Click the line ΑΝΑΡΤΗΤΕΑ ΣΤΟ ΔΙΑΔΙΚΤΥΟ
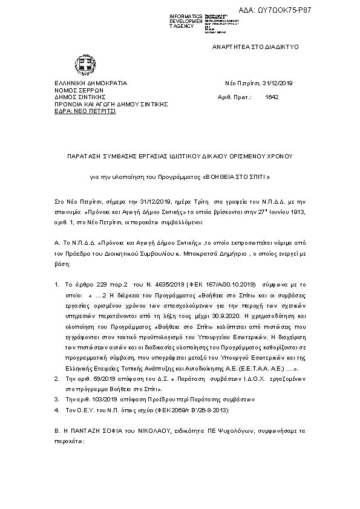coord(255,47)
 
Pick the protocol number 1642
coord(272,97)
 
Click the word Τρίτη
coord(192,199)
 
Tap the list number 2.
coord(57,377)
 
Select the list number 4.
coord(57,411)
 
